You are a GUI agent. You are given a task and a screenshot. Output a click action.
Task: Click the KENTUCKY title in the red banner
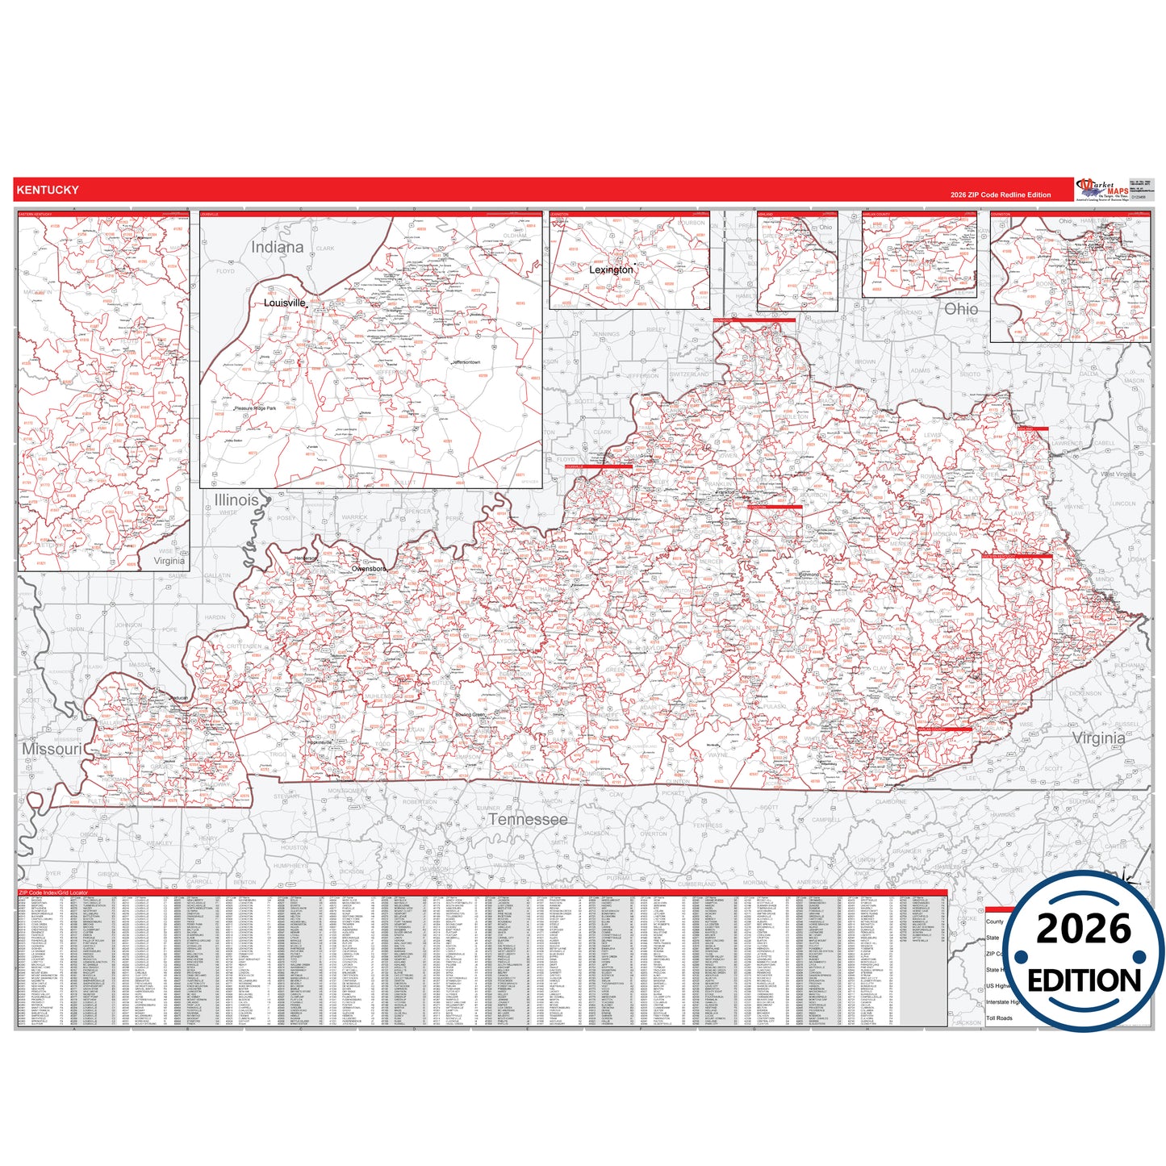pos(48,190)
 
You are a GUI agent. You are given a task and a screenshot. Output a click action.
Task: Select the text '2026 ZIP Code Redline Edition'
pos(1001,195)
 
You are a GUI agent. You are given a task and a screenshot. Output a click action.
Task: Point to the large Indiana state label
pos(277,247)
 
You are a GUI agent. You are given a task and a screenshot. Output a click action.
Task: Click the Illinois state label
pos(236,500)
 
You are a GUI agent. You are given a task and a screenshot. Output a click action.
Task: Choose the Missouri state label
pos(52,749)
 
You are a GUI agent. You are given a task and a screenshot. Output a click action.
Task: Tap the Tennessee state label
pos(527,819)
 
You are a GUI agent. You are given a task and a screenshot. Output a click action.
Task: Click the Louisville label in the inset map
pos(284,303)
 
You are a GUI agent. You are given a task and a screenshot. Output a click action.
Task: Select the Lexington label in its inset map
pos(611,270)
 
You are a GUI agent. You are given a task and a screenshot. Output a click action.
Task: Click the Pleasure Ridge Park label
pos(255,408)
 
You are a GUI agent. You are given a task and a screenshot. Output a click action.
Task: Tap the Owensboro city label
pos(368,569)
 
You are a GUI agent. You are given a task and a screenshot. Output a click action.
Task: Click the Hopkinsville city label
pos(320,742)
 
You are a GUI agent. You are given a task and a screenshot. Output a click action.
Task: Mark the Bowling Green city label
pos(470,715)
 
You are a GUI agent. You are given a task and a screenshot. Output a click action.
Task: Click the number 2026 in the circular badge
pos(1083,930)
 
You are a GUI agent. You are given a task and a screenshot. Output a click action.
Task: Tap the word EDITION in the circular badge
pos(1084,980)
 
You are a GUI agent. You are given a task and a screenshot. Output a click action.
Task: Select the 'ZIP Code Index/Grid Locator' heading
pos(53,893)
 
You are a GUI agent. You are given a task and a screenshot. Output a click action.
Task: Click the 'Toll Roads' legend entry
pos(999,1018)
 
